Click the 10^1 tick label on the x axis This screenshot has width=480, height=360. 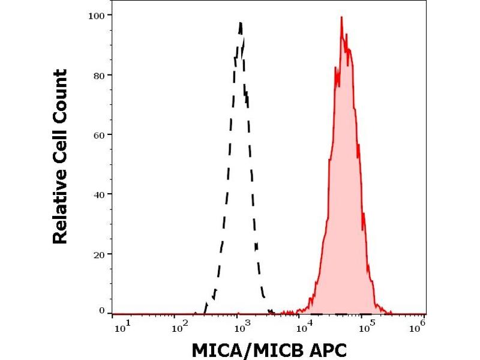[120, 326]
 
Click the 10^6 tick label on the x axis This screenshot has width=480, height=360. [420, 326]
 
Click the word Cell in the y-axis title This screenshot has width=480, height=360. [59, 144]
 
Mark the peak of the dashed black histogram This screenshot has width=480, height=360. [241, 23]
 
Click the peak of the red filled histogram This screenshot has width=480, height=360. [341, 17]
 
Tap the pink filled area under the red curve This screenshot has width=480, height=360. [342, 210]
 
